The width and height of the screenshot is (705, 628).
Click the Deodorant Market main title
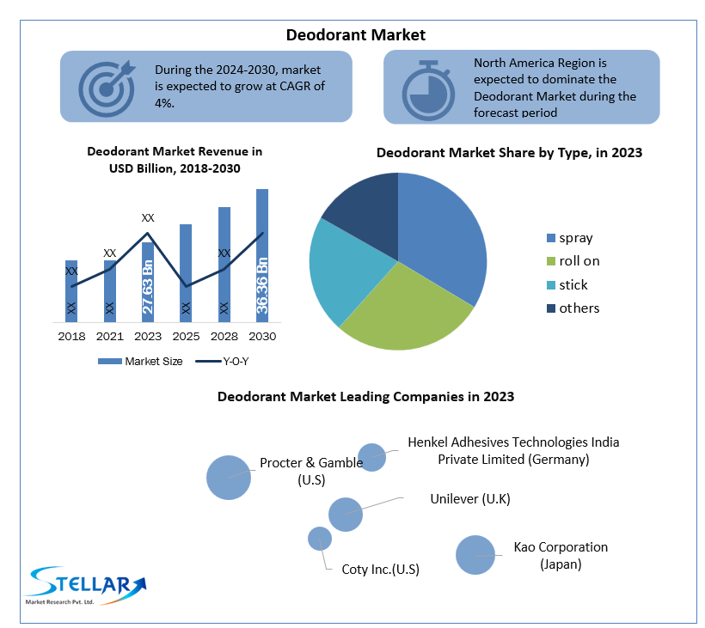(356, 35)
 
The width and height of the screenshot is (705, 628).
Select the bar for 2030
(262, 215)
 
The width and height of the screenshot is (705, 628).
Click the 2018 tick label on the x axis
(71, 336)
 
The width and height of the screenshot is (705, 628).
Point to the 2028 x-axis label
(224, 336)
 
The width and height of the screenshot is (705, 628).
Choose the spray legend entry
(575, 238)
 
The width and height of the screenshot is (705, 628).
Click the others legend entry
(579, 308)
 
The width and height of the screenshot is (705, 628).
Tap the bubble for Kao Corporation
(475, 555)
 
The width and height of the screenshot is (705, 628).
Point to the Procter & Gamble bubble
(229, 477)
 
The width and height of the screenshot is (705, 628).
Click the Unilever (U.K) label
(469, 498)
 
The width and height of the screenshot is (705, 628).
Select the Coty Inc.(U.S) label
(381, 569)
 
